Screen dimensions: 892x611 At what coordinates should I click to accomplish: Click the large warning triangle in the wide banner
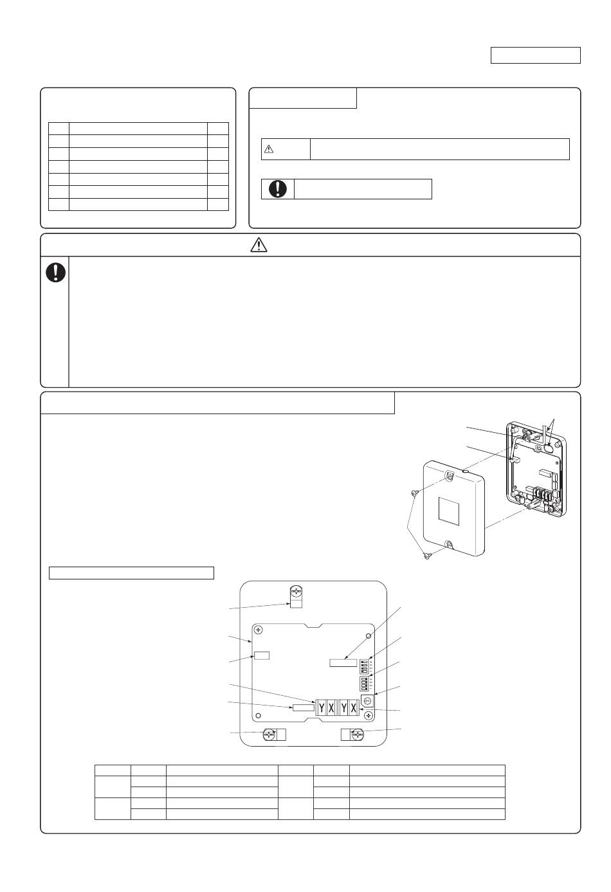pos(258,245)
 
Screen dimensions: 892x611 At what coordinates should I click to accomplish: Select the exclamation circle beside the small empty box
pos(278,189)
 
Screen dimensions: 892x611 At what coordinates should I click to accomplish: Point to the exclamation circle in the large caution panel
pos(55,273)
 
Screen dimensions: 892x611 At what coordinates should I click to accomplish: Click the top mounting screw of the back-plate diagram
pos(296,592)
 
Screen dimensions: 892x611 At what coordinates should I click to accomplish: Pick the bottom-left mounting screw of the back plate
pos(271,734)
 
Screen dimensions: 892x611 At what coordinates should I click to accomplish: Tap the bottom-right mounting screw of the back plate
pos(357,734)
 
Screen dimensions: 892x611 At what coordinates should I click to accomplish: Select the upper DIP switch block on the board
pos(364,666)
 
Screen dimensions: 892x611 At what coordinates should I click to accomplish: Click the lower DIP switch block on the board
pos(364,682)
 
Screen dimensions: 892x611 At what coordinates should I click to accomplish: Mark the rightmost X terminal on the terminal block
pos(353,707)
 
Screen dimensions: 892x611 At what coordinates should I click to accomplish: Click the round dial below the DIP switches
pos(367,700)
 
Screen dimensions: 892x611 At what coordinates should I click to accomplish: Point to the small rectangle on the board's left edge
pos(262,656)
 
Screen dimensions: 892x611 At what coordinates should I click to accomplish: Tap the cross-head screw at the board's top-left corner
pos(258,630)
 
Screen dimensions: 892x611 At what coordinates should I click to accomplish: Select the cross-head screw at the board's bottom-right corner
pos(368,715)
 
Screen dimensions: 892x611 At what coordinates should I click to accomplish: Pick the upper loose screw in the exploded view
pos(415,493)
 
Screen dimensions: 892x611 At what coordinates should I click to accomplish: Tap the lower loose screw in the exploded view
pos(427,556)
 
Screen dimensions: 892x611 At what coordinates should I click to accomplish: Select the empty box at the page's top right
pos(536,55)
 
